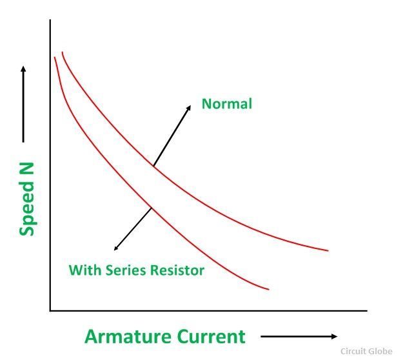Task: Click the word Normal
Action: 227,104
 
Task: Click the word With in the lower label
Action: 85,270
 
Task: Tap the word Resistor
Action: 177,270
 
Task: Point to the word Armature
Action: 128,336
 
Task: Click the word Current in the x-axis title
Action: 211,336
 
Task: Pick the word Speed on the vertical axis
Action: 26,209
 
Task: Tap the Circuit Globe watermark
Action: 366,351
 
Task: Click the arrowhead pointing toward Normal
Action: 189,108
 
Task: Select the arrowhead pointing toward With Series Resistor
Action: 116,248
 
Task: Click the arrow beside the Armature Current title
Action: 299,336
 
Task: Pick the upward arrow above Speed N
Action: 23,104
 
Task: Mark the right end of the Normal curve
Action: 328,250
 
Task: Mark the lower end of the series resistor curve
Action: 269,289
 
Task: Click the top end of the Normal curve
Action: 62,52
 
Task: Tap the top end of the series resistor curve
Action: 55,57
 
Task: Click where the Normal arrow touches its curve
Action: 153,166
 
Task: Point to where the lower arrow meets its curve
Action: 152,208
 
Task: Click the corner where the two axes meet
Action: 50,311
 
